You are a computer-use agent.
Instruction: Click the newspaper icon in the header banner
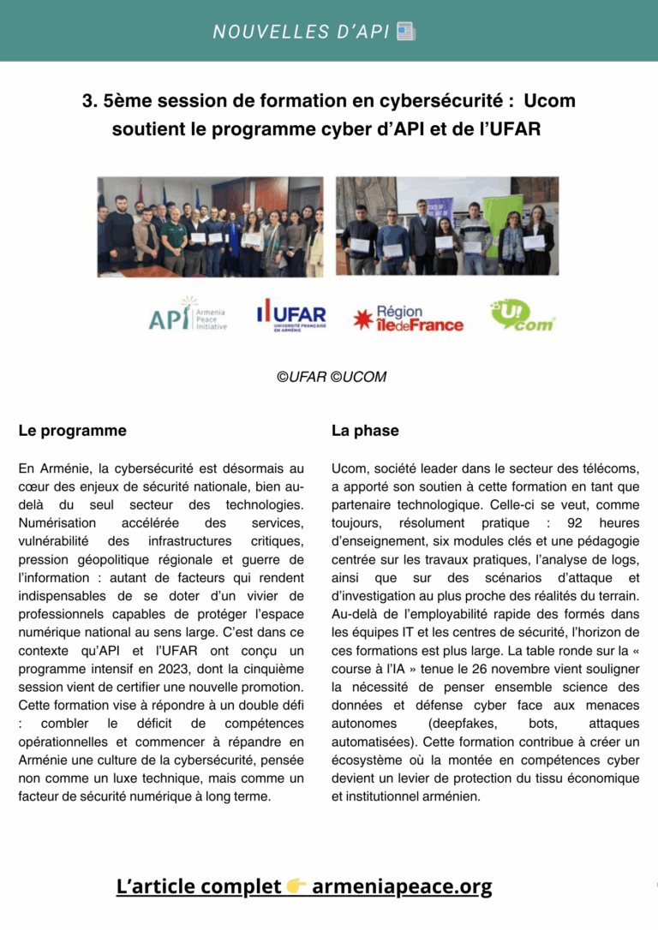[x=406, y=33]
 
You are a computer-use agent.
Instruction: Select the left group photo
[x=210, y=226]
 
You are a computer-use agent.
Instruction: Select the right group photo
[x=446, y=226]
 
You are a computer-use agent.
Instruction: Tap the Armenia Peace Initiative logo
[x=186, y=315]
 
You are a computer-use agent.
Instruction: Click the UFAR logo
[x=291, y=315]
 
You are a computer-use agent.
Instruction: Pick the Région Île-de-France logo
[x=409, y=319]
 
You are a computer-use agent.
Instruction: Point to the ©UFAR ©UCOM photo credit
[x=329, y=377]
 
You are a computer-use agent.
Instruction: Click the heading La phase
[x=365, y=431]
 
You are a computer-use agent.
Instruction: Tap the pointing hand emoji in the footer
[x=296, y=886]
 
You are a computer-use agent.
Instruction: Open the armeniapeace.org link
[x=402, y=886]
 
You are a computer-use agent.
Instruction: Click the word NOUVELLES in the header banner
[x=267, y=33]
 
